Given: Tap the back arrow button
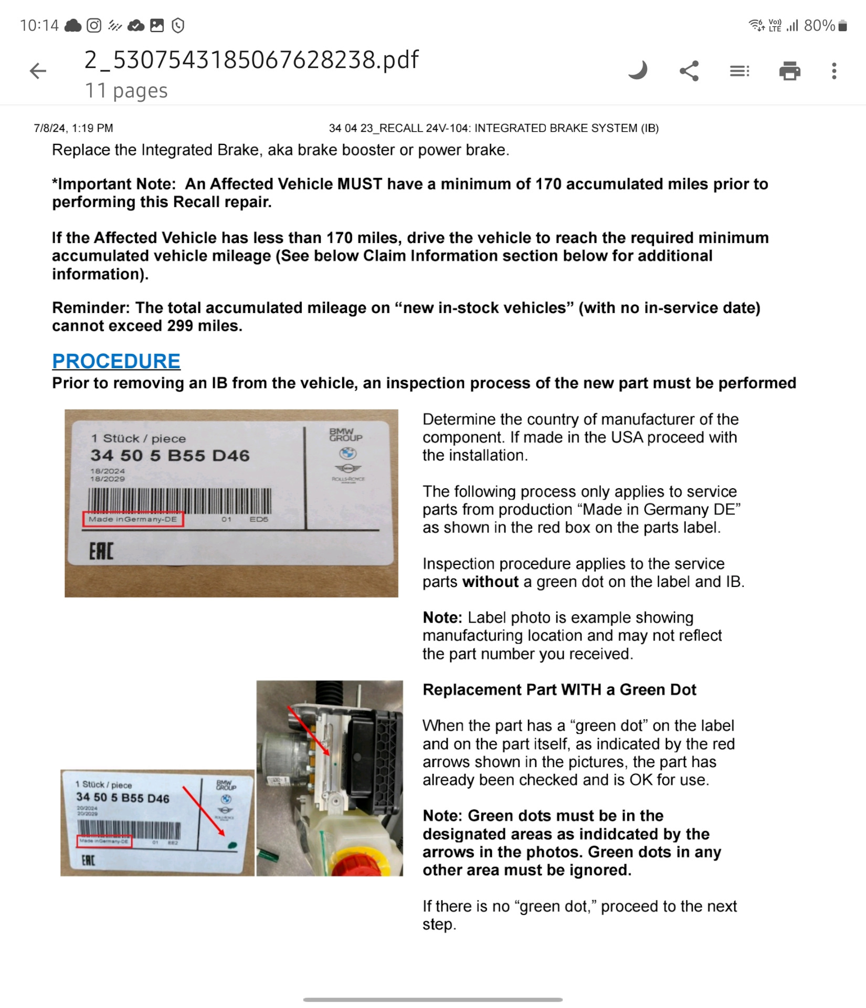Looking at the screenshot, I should coord(38,71).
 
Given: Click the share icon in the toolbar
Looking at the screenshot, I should coord(689,71).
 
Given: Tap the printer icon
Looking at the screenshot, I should coord(789,71).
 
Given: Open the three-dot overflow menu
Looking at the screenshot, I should coord(834,71).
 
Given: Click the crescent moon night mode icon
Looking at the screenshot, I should coord(638,70).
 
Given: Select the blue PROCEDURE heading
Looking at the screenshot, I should coord(116,361).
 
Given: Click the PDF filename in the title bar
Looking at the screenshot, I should coord(251,60).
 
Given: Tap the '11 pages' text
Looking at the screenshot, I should coord(126,91).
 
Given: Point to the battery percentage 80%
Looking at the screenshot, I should coord(819,25).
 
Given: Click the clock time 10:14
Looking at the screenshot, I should coord(39,25).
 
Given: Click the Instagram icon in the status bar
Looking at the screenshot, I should coord(94,25).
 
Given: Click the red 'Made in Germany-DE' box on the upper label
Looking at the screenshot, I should coord(133,519).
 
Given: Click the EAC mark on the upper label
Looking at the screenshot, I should coord(101,551).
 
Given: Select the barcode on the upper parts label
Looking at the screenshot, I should coord(179,500).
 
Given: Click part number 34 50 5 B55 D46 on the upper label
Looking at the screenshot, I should coord(170,455).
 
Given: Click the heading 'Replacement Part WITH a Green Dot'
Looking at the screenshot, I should coord(559,689).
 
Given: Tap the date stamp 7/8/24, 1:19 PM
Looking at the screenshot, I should coord(73,128).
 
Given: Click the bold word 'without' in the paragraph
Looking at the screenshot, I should coord(491,582).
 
